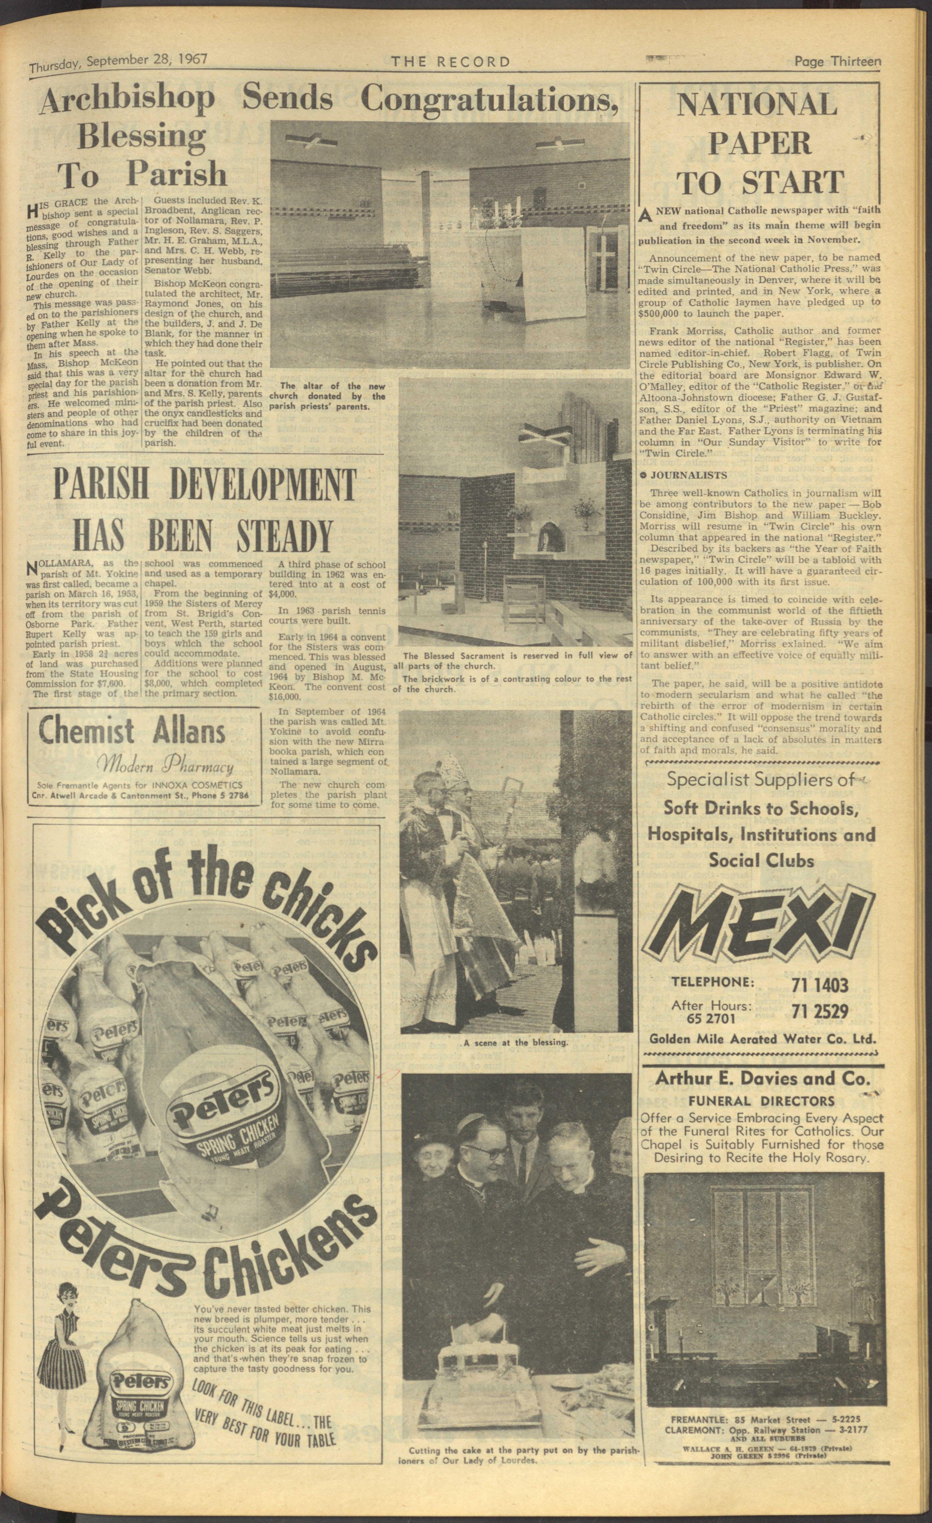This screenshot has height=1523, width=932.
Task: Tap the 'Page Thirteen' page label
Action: click(x=837, y=61)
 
